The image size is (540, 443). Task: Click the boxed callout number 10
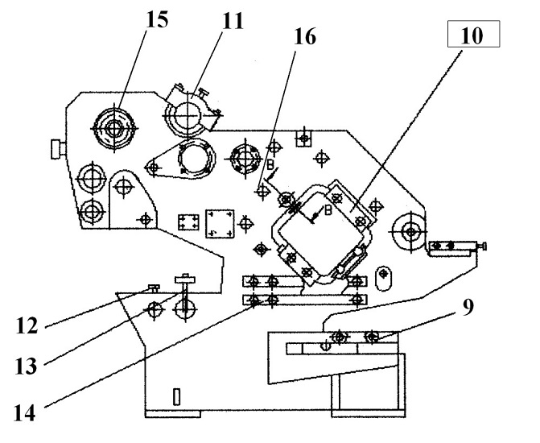click(x=473, y=34)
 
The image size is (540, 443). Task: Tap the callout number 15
click(x=158, y=19)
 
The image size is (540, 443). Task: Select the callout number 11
click(x=233, y=21)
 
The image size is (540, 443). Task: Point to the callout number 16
click(x=305, y=36)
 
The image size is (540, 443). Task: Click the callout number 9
click(x=468, y=307)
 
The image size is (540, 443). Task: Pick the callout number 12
click(x=27, y=325)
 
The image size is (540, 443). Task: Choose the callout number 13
click(x=26, y=366)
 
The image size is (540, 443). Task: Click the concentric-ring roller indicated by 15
click(x=114, y=128)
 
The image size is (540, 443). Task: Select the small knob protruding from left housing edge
click(x=58, y=149)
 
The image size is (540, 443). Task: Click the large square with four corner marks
click(x=220, y=223)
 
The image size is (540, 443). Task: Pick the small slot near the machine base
click(x=177, y=397)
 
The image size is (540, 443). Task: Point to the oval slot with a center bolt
click(x=383, y=278)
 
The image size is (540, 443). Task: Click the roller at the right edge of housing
click(x=410, y=231)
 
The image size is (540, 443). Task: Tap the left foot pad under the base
click(x=173, y=414)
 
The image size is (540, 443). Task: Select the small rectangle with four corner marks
click(x=188, y=222)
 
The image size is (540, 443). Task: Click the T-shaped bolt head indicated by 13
click(x=185, y=279)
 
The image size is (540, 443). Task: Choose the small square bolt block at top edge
click(x=303, y=139)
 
